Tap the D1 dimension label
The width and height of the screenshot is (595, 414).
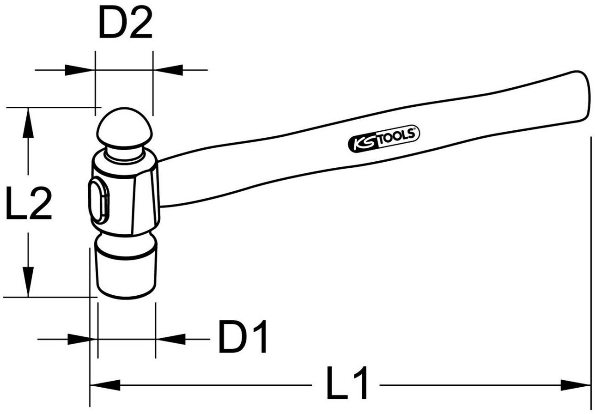[x=242, y=336]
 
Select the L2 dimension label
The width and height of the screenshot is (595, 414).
[x=29, y=203]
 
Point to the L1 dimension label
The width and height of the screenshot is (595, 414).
[x=347, y=383]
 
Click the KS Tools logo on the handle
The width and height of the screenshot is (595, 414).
[x=384, y=139]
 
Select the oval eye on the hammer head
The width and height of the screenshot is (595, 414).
[x=98, y=199]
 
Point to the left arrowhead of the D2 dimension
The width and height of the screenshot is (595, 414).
[x=80, y=70]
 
